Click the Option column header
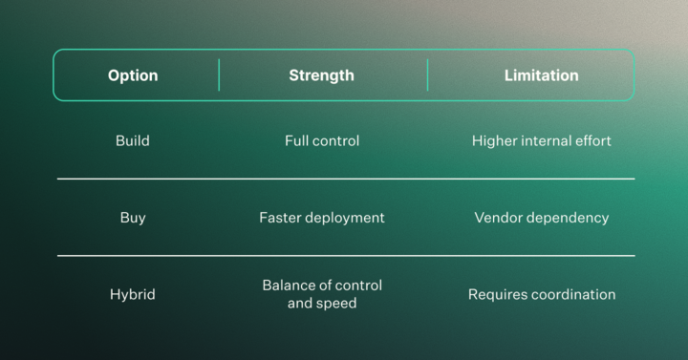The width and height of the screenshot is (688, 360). (133, 75)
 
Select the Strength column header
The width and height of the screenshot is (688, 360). (321, 75)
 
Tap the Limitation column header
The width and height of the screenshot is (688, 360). (541, 75)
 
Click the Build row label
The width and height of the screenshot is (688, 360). (133, 141)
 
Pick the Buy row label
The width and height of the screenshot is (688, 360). (133, 218)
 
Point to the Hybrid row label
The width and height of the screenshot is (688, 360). (133, 294)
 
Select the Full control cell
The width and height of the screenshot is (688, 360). (322, 141)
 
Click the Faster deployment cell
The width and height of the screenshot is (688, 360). (322, 218)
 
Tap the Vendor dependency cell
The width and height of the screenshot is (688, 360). (541, 218)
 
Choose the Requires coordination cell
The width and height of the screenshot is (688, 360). (541, 294)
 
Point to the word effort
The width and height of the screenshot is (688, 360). (591, 141)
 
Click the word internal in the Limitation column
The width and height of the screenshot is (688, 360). (547, 141)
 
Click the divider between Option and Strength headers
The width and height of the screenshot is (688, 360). (219, 75)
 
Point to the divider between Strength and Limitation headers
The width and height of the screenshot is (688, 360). (427, 75)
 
